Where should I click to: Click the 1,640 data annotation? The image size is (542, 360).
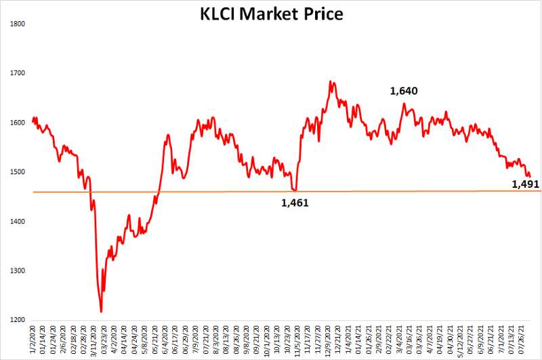404,91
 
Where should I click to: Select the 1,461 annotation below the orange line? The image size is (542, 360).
295,202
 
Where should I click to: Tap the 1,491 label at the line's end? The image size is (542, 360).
525,184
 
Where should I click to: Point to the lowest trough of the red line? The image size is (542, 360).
101,312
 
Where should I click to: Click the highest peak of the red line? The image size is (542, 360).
330,81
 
